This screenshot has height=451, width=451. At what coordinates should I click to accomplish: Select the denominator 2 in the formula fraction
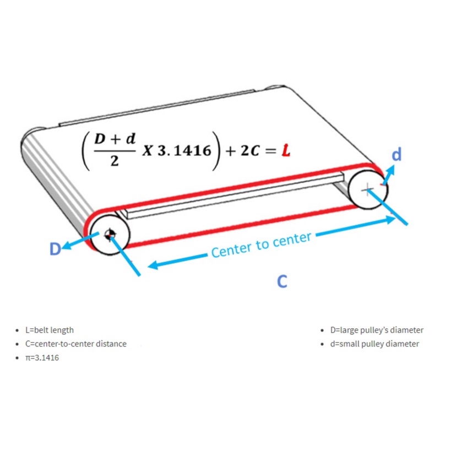click(x=113, y=161)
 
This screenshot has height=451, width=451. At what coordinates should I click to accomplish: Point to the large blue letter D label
click(x=55, y=249)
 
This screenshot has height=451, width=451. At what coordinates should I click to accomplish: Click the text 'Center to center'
click(x=261, y=245)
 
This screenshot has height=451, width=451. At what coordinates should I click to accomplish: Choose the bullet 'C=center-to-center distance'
click(x=76, y=344)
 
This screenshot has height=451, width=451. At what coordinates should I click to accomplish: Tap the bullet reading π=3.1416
click(x=42, y=357)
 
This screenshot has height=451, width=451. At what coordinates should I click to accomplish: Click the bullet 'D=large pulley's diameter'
click(x=377, y=330)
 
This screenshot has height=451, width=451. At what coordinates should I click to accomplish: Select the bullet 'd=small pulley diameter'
click(x=374, y=344)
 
